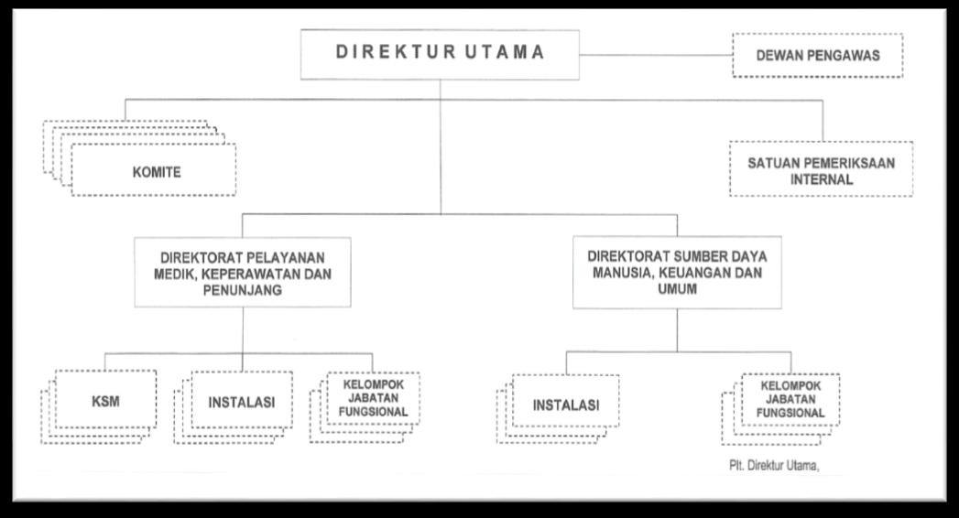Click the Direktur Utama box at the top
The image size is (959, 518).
[440, 53]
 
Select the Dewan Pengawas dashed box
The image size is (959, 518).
[817, 56]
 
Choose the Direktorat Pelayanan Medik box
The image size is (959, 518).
[242, 272]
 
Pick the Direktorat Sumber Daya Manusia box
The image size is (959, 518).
[678, 272]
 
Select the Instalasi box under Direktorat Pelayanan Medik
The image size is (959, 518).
[242, 401]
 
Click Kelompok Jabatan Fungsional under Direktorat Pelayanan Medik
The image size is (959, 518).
[373, 400]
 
